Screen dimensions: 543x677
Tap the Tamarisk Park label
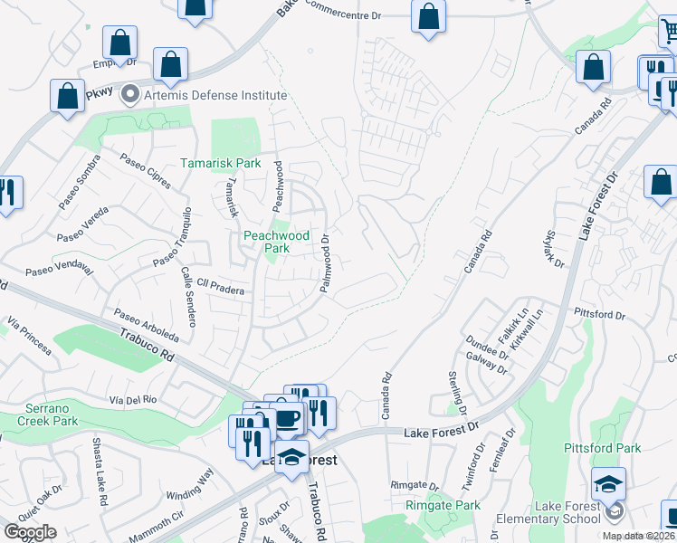(x=220, y=164)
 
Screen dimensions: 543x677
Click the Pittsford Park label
(x=602, y=448)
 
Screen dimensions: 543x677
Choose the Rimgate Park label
(x=443, y=505)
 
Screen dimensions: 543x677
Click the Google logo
(x=30, y=532)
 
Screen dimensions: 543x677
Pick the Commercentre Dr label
(x=345, y=10)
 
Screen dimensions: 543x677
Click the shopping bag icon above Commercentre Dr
(x=428, y=16)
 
